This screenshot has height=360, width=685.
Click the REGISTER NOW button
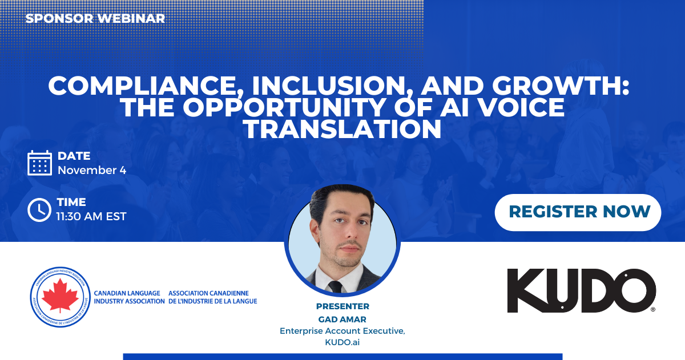tap(578, 212)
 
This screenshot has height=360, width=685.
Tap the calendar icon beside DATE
tap(39, 163)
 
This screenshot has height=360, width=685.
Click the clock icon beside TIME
tap(39, 209)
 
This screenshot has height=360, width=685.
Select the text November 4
tap(92, 170)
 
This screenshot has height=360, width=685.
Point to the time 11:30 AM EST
tap(91, 216)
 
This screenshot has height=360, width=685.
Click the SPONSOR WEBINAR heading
tap(95, 18)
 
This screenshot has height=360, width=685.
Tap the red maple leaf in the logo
tap(61, 295)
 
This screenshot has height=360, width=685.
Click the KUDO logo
tap(581, 290)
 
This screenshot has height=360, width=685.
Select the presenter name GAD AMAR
tap(342, 319)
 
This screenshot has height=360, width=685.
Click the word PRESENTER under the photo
tap(342, 306)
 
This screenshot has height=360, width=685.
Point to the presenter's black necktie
tap(336, 286)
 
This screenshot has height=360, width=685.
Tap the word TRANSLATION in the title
tap(342, 130)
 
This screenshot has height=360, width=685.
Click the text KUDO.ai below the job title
tap(342, 342)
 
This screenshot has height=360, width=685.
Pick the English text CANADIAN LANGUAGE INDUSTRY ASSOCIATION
tap(129, 297)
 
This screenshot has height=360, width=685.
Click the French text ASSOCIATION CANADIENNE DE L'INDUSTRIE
tap(212, 297)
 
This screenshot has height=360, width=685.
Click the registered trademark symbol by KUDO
tap(653, 309)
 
